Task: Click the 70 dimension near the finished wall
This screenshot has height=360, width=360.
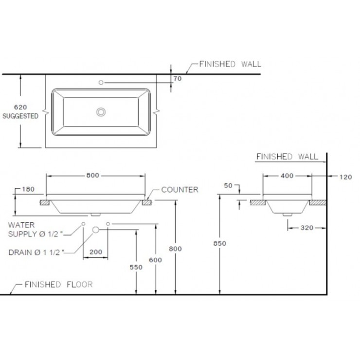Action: [x=177, y=78]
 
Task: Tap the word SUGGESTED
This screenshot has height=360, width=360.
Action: [x=20, y=117]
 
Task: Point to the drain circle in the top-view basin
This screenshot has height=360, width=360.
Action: [x=101, y=112]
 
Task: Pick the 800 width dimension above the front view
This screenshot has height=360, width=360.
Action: [x=95, y=176]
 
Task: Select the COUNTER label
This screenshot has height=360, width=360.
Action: [x=180, y=189]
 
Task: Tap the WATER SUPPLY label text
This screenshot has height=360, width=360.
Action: [x=35, y=230]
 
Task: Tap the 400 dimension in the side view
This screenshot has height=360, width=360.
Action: [x=287, y=176]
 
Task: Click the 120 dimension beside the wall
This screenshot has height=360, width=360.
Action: [x=345, y=177]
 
